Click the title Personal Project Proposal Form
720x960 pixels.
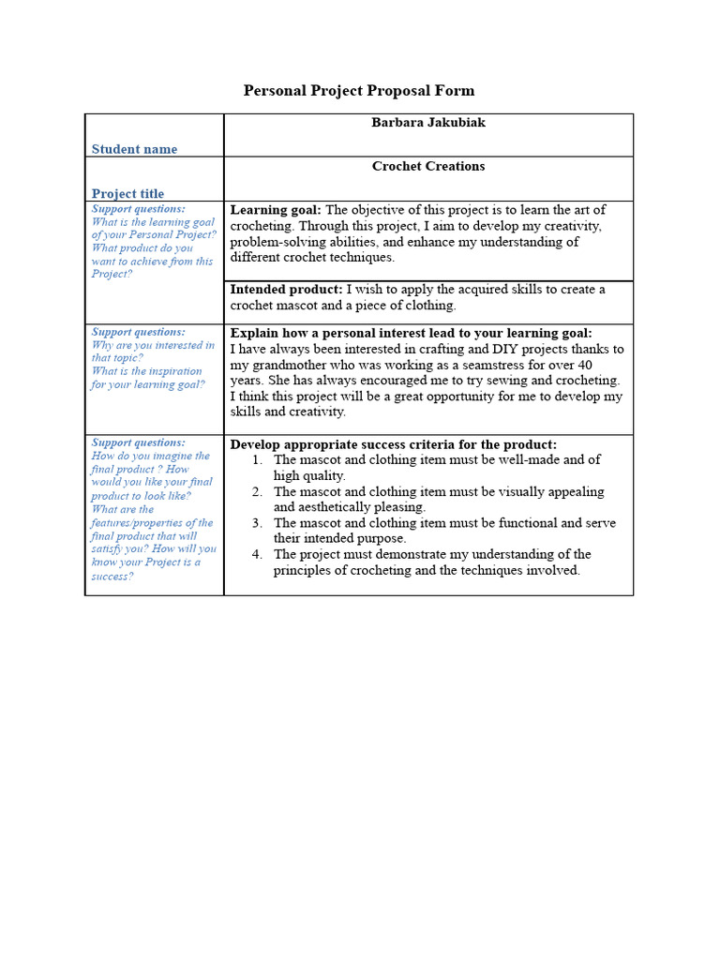pyautogui.click(x=359, y=91)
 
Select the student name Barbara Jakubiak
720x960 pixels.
pyautogui.click(x=428, y=123)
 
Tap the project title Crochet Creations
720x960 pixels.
pyautogui.click(x=428, y=166)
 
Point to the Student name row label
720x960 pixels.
pyautogui.click(x=134, y=149)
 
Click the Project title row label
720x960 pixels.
pyautogui.click(x=127, y=194)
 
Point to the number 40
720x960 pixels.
pyautogui.click(x=584, y=365)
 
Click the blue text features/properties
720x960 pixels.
pyautogui.click(x=152, y=523)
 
